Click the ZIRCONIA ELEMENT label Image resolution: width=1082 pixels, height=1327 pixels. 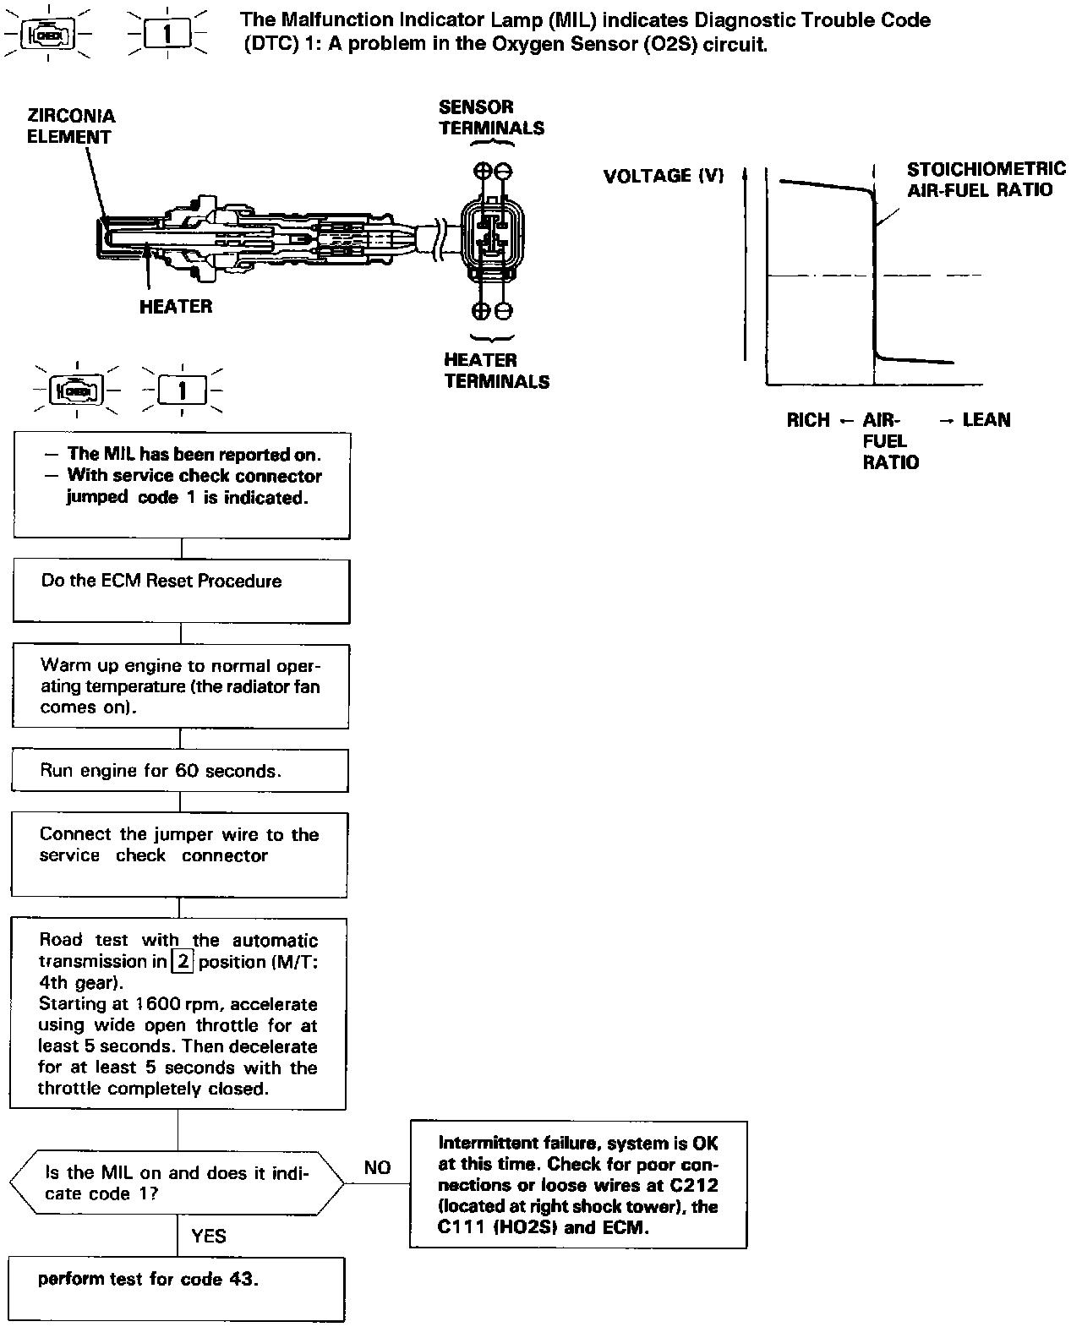(x=71, y=127)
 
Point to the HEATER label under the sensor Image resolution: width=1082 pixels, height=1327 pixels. (x=176, y=306)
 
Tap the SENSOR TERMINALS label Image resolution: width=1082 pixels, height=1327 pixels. (x=491, y=117)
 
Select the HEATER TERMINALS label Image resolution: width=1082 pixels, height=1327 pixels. (x=496, y=370)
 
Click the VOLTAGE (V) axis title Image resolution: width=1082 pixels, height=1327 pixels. (x=664, y=176)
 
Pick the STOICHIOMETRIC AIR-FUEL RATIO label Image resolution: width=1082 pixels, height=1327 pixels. (x=985, y=179)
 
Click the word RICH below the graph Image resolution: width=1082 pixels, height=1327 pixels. (x=807, y=420)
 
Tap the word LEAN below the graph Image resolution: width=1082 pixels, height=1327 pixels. (x=986, y=420)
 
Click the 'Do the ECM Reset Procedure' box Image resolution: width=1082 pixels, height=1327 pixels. (x=181, y=591)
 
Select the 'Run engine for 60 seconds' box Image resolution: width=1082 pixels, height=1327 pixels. (x=179, y=771)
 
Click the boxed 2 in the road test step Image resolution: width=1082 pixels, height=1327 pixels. (x=183, y=961)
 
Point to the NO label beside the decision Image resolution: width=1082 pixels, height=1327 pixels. (x=377, y=1167)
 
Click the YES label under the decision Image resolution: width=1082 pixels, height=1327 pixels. (x=209, y=1236)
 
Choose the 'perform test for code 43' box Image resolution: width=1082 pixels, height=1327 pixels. (x=177, y=1288)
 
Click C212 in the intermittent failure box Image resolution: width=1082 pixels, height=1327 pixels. (x=696, y=1185)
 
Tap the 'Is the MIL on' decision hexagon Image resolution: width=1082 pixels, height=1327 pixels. (x=177, y=1182)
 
